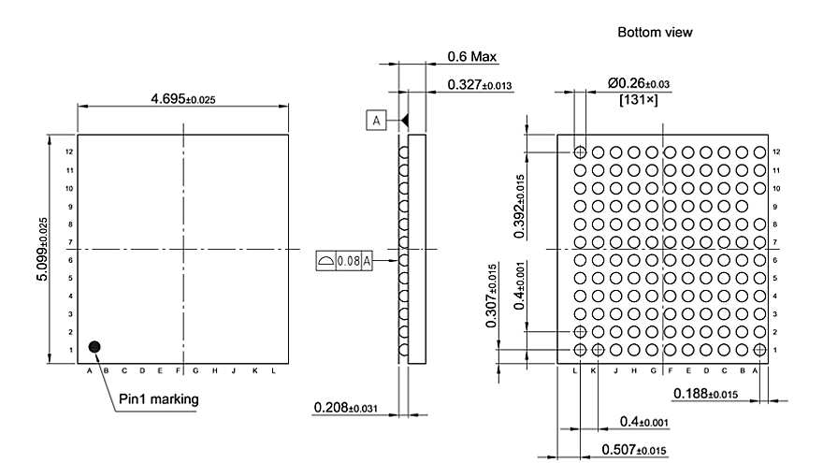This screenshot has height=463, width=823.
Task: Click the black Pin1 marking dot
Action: (x=94, y=347)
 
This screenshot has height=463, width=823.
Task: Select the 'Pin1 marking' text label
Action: (x=158, y=399)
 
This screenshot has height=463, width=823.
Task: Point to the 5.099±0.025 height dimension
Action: (x=42, y=249)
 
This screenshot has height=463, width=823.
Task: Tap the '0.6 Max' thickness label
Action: (x=472, y=57)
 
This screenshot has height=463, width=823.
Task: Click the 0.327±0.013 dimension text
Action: (x=480, y=85)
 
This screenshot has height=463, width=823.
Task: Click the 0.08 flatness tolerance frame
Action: (x=345, y=261)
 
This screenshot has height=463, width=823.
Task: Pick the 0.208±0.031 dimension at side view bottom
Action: (x=347, y=408)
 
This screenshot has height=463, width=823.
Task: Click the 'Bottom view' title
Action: (x=655, y=32)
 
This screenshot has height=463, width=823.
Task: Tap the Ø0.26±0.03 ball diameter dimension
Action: (x=639, y=84)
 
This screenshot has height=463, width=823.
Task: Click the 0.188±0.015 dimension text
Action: (x=705, y=393)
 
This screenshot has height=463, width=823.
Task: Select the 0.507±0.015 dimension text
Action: (x=634, y=450)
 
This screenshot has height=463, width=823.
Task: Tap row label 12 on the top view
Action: (x=68, y=151)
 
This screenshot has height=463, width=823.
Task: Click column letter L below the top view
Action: (x=272, y=371)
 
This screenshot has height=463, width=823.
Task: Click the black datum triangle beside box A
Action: (x=405, y=121)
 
